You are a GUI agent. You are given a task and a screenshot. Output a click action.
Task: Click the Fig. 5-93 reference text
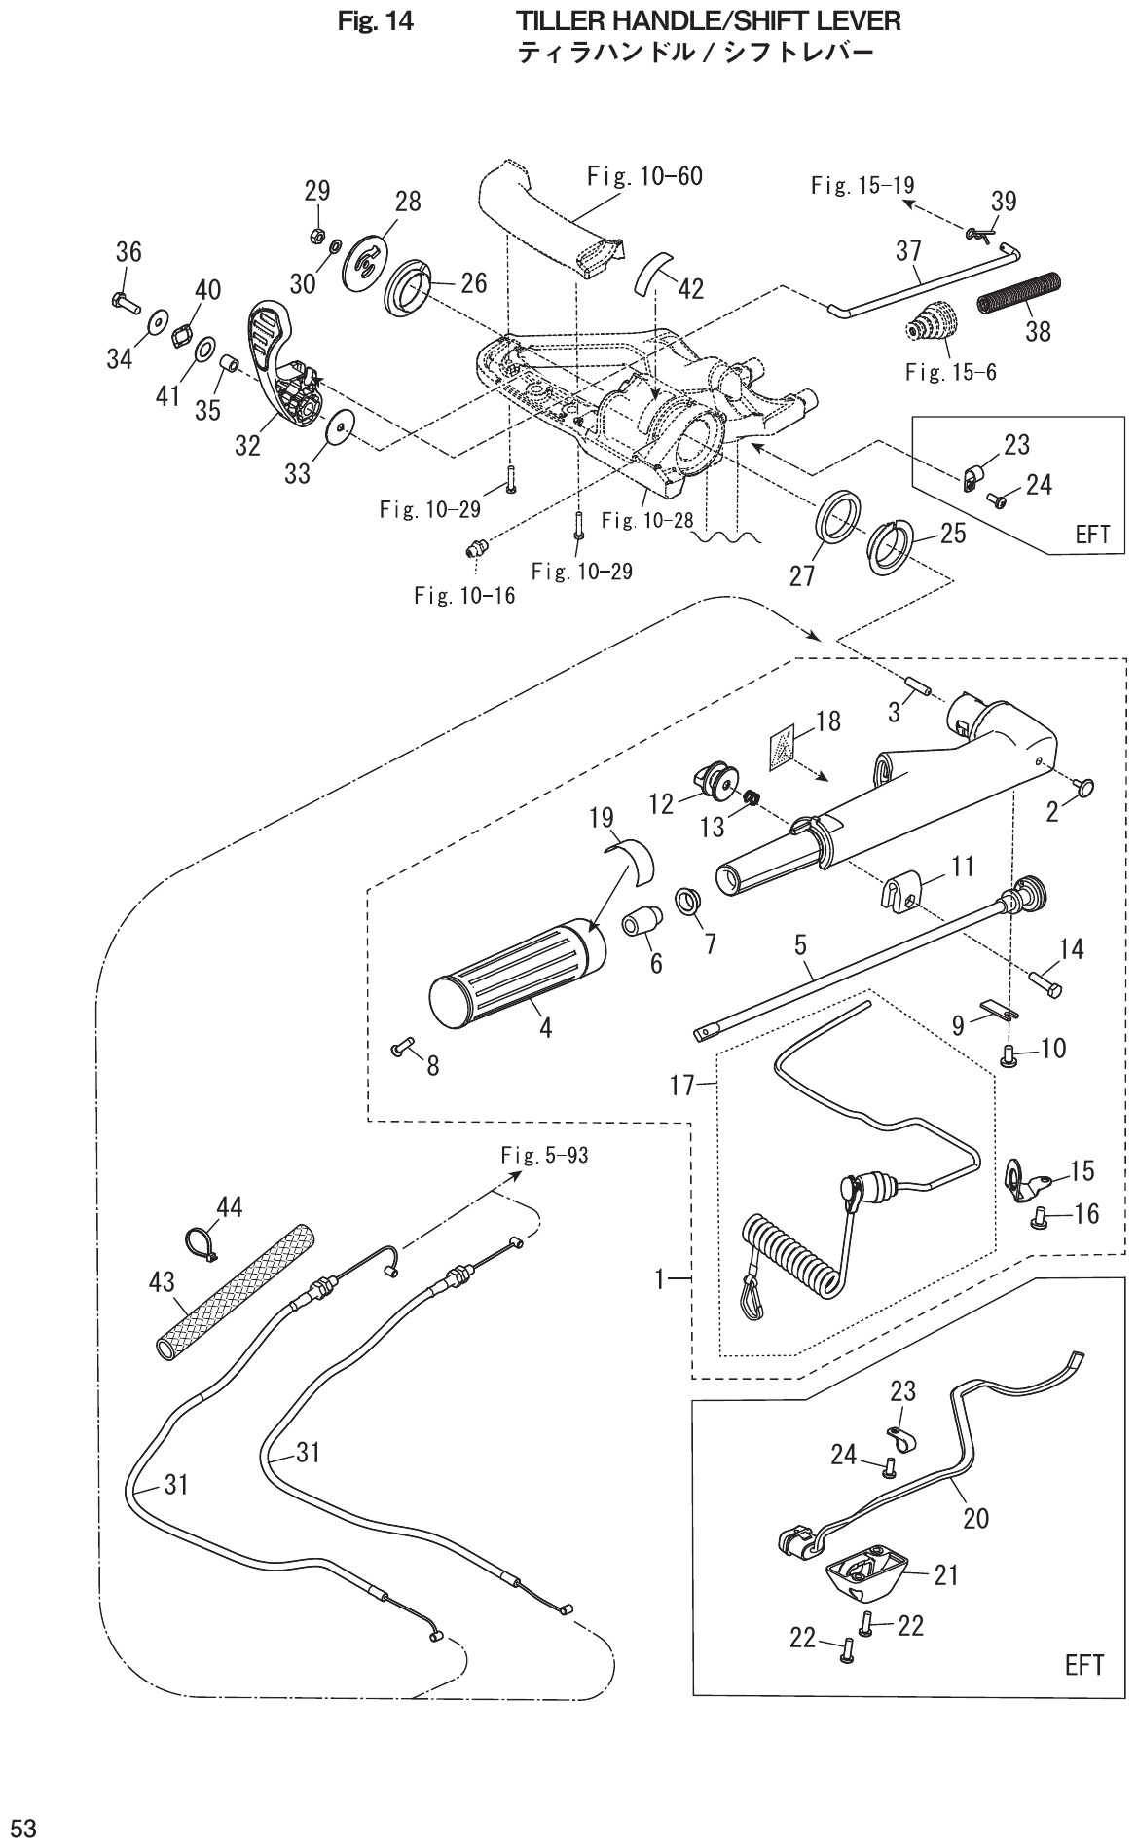pyautogui.click(x=544, y=1156)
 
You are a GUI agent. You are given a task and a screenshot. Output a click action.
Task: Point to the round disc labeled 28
pyautogui.click(x=369, y=256)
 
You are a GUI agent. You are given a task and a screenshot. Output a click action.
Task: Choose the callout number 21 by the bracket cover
pyautogui.click(x=946, y=1574)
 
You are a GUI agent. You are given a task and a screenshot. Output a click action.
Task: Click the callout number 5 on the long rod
pyautogui.click(x=800, y=944)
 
